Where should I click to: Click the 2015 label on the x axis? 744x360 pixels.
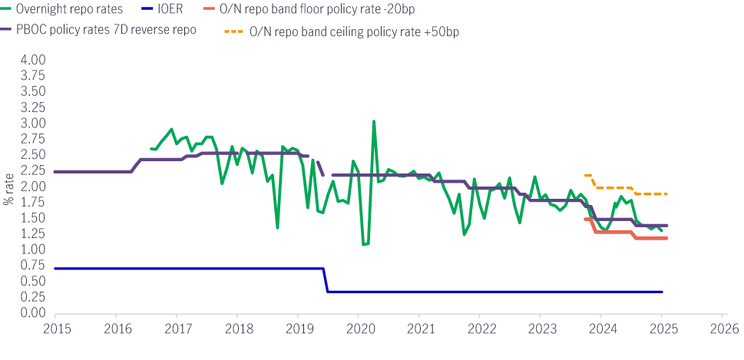pos(55,327)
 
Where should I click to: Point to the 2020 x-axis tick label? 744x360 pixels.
pos(358,327)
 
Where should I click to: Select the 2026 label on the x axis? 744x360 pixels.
pos(722,327)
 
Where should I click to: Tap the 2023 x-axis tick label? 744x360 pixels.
pos(540,327)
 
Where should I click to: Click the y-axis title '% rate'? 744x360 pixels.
pos(9,190)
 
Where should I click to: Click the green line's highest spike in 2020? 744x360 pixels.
pos(374,121)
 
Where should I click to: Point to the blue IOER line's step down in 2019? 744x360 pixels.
pos(326,280)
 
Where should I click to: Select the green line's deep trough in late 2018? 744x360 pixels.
pos(277,227)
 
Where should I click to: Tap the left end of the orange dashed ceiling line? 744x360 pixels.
pos(586,175)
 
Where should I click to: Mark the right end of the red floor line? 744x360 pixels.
pos(666,238)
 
